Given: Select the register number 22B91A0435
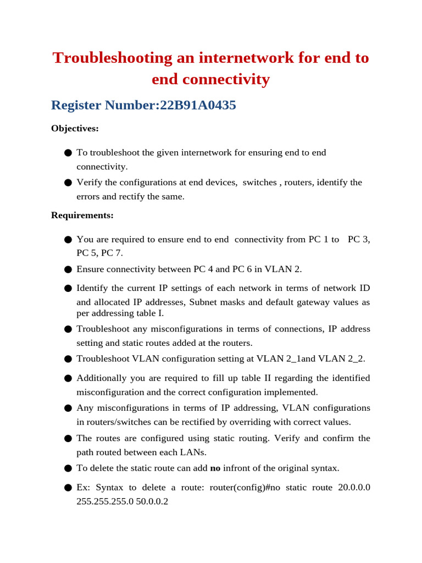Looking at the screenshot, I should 198,105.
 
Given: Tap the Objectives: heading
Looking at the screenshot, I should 75,128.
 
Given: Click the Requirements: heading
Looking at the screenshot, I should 82,215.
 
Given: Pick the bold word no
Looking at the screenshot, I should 215,468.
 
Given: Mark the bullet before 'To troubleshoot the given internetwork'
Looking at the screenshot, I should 68,152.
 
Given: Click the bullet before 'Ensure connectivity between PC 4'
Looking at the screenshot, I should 68,269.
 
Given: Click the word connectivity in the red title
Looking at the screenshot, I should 210,80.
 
